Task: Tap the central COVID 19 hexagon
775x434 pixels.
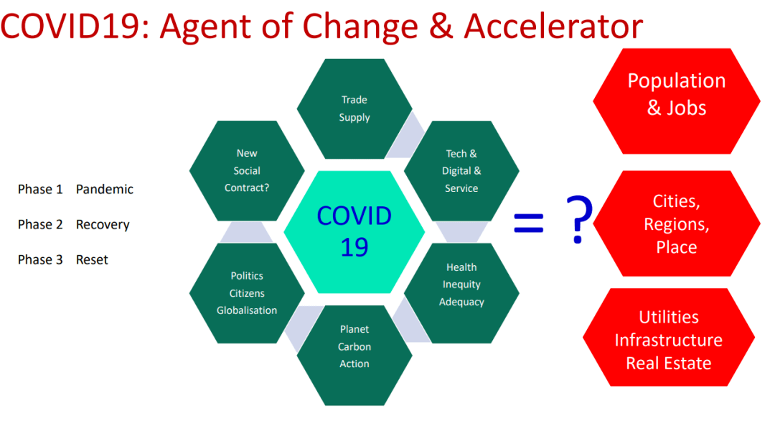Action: [x=354, y=231]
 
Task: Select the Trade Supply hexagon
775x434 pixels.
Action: [x=354, y=109]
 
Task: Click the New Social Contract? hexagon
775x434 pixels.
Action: [x=247, y=171]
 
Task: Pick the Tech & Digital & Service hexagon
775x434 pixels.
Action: [x=461, y=171]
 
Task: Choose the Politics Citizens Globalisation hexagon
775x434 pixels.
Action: [x=247, y=293]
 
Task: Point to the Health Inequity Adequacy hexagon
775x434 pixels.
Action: [x=461, y=293]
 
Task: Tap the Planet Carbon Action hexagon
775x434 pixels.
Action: [x=354, y=355]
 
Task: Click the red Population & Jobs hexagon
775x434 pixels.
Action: [x=677, y=101]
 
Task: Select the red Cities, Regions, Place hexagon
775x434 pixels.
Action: [x=677, y=223]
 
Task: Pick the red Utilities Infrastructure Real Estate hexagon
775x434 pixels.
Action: [x=669, y=337]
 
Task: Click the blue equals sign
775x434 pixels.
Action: [x=528, y=223]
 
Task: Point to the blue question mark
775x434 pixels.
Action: [x=579, y=219]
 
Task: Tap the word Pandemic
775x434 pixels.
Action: [x=105, y=189]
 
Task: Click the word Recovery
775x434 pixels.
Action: [x=103, y=225]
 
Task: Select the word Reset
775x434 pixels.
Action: [x=92, y=260]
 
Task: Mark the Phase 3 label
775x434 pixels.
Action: [x=40, y=260]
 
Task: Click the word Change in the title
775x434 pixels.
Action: [x=360, y=27]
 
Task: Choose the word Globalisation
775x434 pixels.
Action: [x=247, y=310]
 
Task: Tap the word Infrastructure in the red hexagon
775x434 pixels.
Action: [x=669, y=340]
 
